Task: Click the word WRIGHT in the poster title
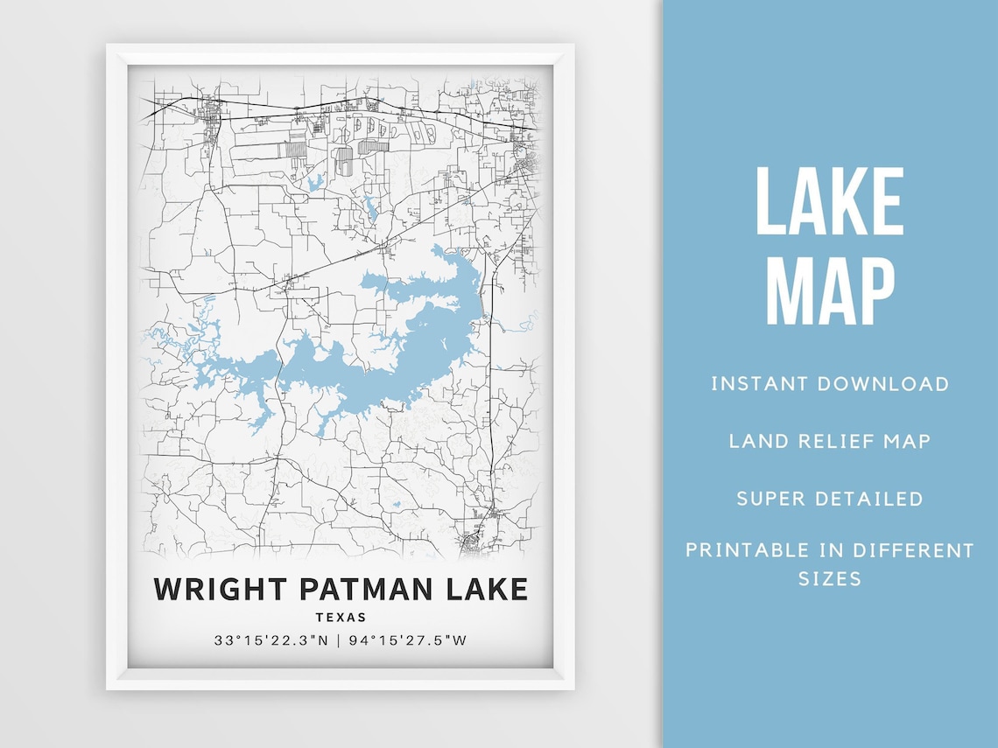[x=222, y=589]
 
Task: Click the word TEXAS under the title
[x=341, y=618]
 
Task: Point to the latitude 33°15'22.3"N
[x=271, y=640]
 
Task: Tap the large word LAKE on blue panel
[x=829, y=202]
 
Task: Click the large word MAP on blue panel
[x=829, y=292]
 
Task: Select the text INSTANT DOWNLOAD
[x=829, y=383]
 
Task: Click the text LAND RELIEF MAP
[x=829, y=441]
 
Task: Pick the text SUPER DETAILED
[x=829, y=499]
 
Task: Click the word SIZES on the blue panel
[x=829, y=578]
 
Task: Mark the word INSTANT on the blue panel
[x=759, y=383]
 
